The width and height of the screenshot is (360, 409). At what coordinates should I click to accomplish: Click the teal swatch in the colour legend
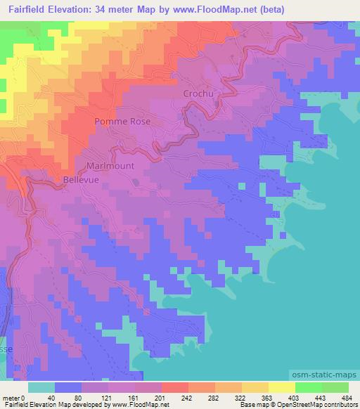coord(42,387)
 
